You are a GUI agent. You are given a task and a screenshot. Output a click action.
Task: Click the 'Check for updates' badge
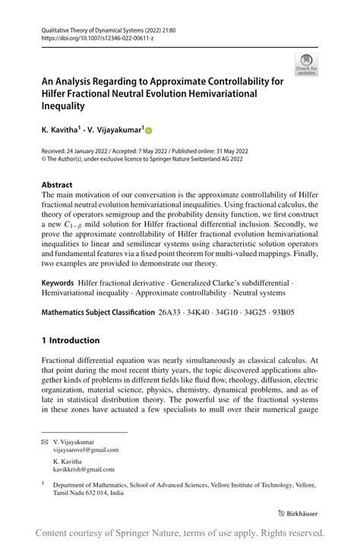coord(306,65)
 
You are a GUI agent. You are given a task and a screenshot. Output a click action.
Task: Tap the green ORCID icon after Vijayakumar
coord(148,131)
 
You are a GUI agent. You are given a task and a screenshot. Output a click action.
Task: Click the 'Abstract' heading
coord(58,185)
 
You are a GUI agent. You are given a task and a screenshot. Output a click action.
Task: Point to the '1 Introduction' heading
coord(71,340)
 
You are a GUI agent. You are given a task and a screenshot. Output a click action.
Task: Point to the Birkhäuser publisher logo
coord(298,513)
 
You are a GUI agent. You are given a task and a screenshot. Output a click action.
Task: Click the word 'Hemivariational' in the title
coord(246,94)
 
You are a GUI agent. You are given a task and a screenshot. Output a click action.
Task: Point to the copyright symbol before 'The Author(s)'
coord(44,159)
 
